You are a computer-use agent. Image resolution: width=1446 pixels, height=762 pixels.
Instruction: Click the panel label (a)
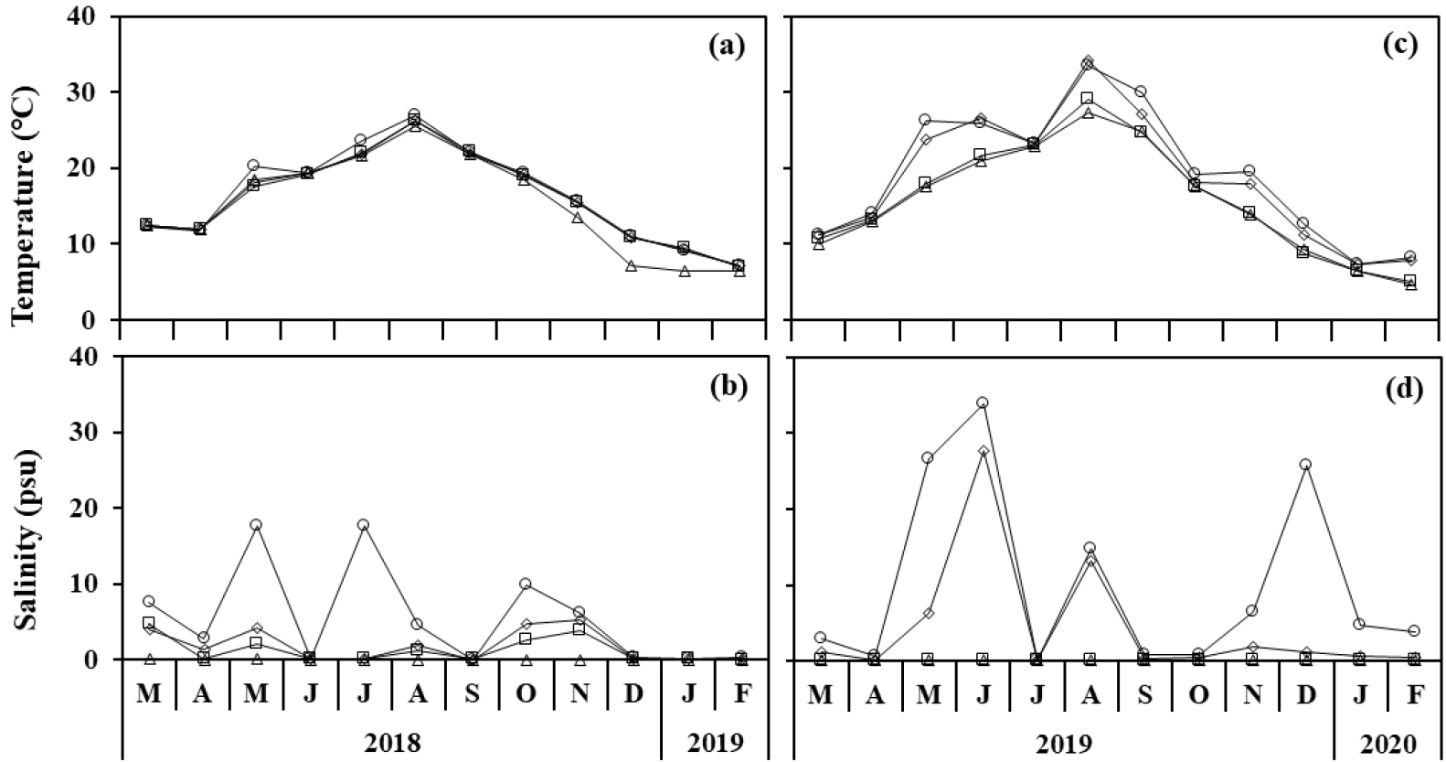coord(728,48)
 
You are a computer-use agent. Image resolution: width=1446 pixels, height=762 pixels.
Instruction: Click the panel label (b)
coord(728,387)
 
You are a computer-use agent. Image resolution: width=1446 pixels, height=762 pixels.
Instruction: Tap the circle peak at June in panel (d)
coord(982,402)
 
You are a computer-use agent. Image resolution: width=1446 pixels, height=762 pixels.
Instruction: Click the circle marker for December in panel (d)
coord(1305,465)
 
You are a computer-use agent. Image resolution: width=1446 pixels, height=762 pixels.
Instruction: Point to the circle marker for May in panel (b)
coord(256,525)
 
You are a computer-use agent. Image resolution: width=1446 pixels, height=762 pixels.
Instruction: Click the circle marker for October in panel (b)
coord(526,584)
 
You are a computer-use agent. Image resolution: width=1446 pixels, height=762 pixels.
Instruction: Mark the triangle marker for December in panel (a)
coord(631,266)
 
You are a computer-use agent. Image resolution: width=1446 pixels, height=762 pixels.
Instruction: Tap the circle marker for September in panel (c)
coord(1140,91)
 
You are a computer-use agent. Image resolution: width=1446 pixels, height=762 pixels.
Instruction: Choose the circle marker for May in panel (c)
coord(924,120)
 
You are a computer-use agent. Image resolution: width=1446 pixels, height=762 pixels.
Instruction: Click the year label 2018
coord(392,740)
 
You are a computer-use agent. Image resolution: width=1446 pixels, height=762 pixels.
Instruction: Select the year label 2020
coord(1388,740)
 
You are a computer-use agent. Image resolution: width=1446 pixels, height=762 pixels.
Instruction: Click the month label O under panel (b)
coord(526,694)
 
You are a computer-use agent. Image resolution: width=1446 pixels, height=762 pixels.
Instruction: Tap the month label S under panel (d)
coord(1143,694)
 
